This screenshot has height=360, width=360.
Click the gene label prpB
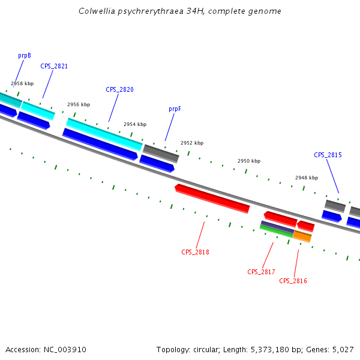(25, 55)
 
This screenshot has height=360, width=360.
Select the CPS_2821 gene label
(54, 66)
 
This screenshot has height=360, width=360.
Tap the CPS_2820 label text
(119, 89)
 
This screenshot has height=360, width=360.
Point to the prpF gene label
(175, 109)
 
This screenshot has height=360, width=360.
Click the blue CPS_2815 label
(328, 155)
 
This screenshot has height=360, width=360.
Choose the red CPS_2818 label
(195, 252)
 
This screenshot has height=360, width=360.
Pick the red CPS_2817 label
(261, 272)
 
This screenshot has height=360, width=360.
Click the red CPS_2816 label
(293, 281)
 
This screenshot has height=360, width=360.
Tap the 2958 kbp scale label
(22, 83)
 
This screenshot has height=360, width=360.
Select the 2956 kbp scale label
(79, 104)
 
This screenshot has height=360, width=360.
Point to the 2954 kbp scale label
(135, 124)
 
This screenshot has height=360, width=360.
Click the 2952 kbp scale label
(192, 143)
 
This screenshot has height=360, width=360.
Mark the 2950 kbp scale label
(249, 161)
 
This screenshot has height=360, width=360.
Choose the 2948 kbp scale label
(307, 178)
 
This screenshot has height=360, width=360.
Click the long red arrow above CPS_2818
(212, 198)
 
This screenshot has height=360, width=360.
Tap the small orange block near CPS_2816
(302, 236)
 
